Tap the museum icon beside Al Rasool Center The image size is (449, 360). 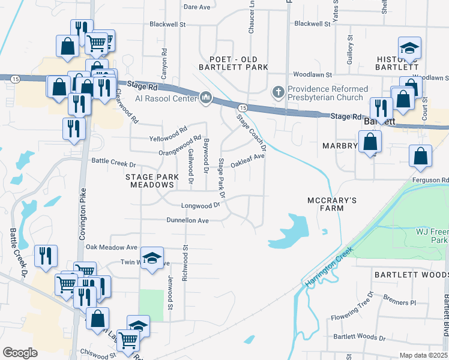pos(205,97)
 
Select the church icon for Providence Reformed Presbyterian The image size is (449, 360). pos(277,92)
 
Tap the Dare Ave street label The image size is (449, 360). pos(197,7)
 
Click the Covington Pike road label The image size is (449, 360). pos(83,214)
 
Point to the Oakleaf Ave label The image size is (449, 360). pos(248,158)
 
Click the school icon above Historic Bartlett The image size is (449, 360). pos(410,48)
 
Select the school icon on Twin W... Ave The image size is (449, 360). pos(152,259)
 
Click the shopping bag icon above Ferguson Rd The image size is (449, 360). pos(420,156)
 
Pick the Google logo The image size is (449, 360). pos(20,353)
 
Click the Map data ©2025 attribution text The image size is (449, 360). pos(423,355)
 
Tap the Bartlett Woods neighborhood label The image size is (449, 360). pos(411,274)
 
